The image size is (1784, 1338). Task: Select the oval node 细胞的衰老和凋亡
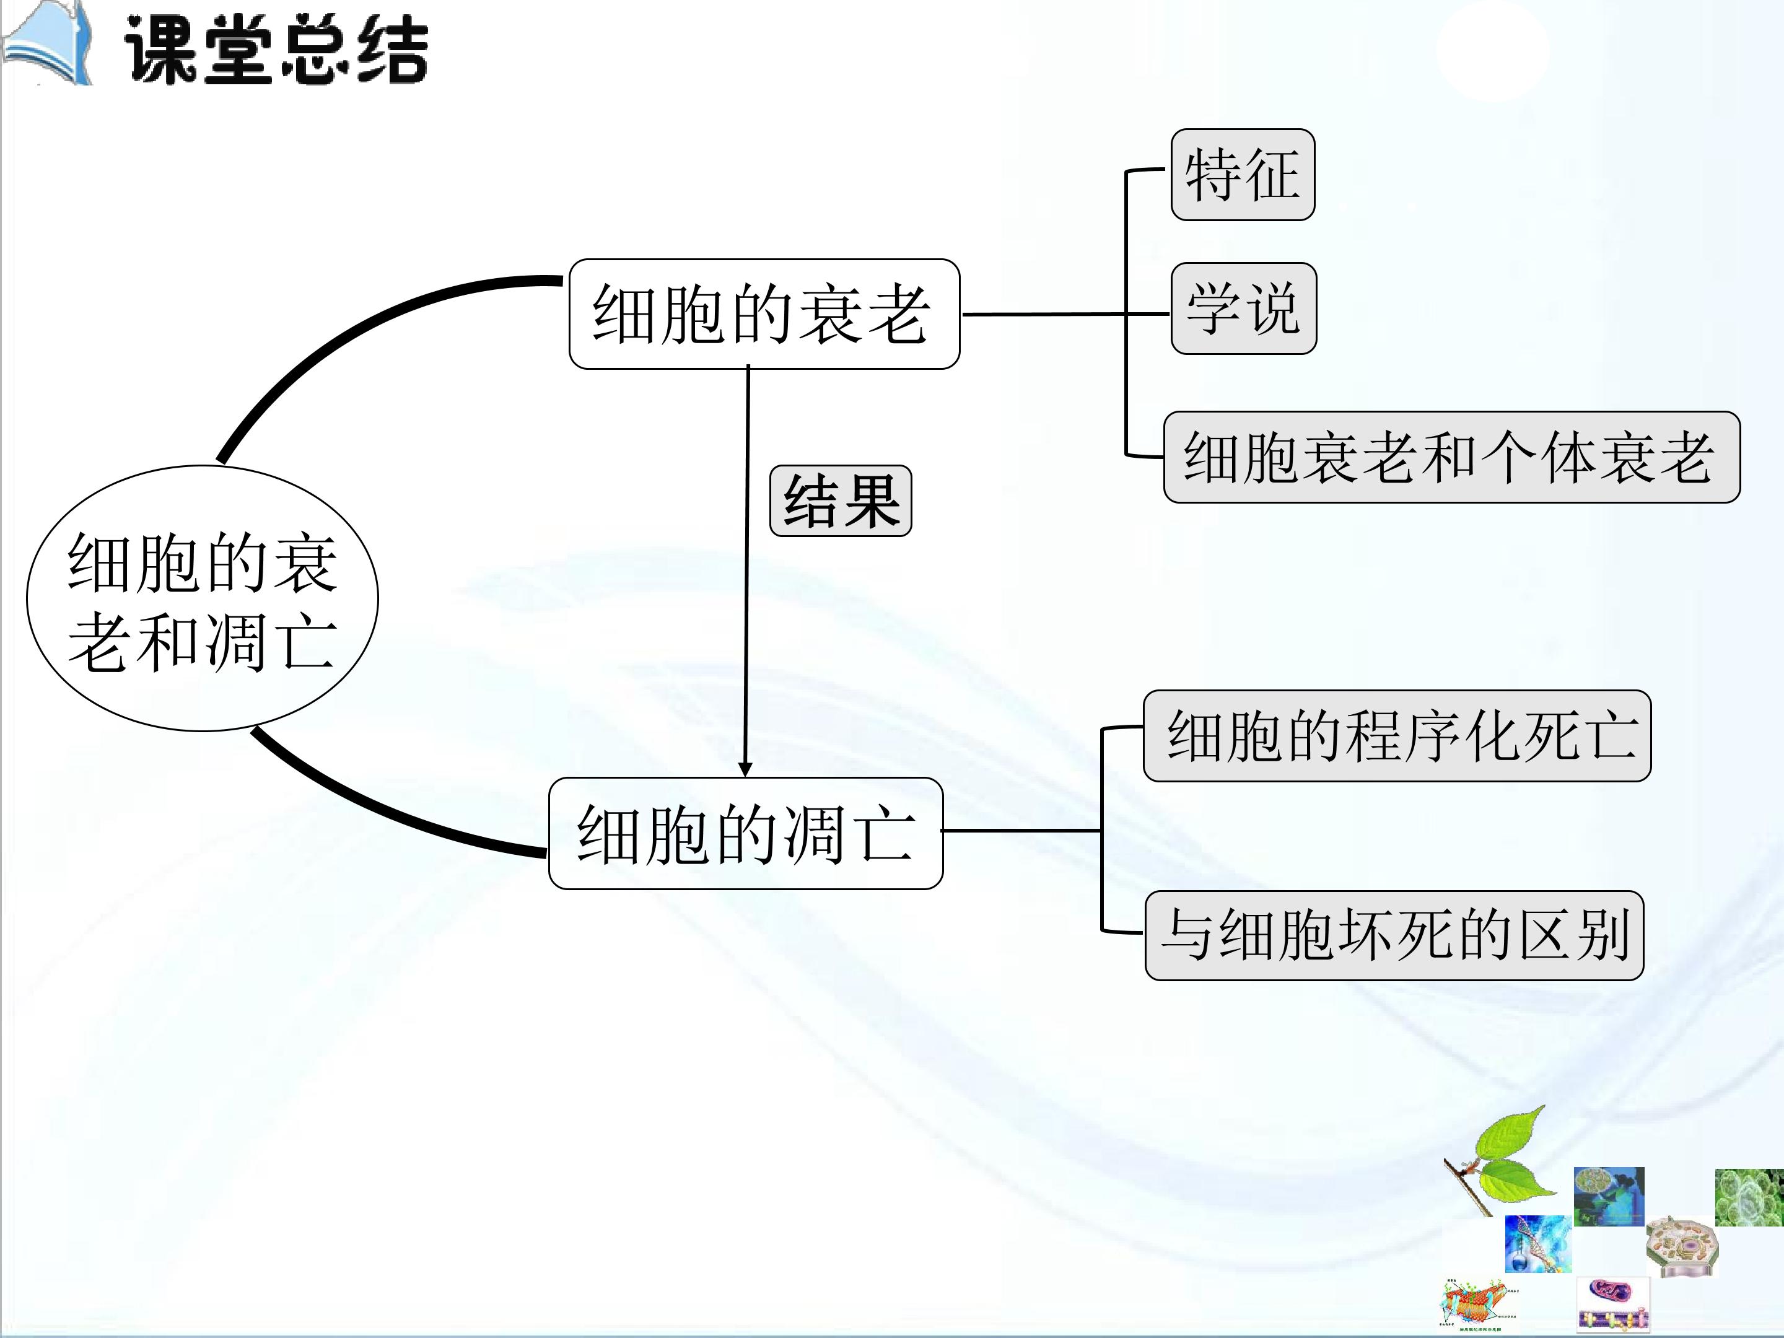(203, 598)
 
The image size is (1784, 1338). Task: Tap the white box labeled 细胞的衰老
(764, 313)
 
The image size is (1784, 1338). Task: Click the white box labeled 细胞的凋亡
(746, 833)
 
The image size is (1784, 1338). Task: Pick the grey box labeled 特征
(1243, 174)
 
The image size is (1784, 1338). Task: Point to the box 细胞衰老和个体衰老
(1452, 457)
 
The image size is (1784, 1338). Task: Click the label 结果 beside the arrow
(841, 501)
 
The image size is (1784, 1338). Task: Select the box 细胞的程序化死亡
(1397, 735)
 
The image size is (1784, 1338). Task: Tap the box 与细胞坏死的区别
(1394, 935)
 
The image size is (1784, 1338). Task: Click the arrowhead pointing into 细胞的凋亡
(745, 769)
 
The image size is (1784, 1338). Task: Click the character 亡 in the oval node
(307, 643)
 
